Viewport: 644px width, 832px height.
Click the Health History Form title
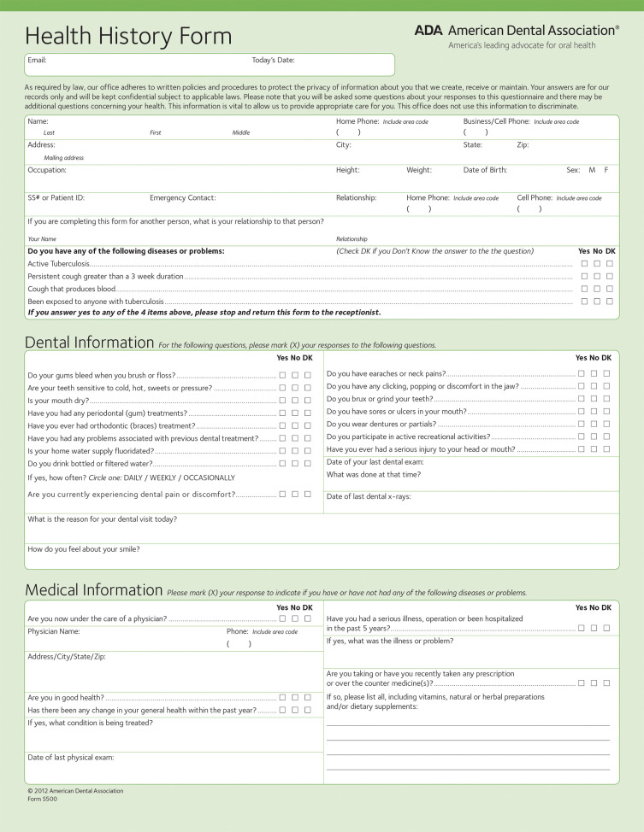click(x=128, y=37)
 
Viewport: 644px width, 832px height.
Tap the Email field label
click(x=37, y=61)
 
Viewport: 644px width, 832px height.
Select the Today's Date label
click(x=273, y=61)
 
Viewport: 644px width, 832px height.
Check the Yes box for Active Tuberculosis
click(x=584, y=264)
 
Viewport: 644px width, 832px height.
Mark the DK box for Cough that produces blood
click(x=610, y=289)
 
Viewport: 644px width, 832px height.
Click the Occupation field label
click(x=47, y=170)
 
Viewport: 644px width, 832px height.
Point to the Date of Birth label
click(x=485, y=170)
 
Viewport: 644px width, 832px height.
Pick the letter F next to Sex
click(x=606, y=170)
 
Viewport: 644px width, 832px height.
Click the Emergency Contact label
click(x=182, y=197)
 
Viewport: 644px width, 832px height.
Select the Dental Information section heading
click(x=89, y=343)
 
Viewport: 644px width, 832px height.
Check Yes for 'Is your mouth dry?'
click(x=282, y=400)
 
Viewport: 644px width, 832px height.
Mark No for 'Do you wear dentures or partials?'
click(x=594, y=424)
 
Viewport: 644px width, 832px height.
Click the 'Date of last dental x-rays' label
click(x=369, y=497)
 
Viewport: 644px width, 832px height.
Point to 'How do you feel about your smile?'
click(x=84, y=549)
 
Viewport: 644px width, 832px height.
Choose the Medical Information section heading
click(x=93, y=590)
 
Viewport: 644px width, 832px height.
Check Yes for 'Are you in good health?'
click(x=282, y=697)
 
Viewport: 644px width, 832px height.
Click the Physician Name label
click(x=54, y=631)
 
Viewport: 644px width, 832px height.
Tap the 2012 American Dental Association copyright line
click(x=75, y=791)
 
